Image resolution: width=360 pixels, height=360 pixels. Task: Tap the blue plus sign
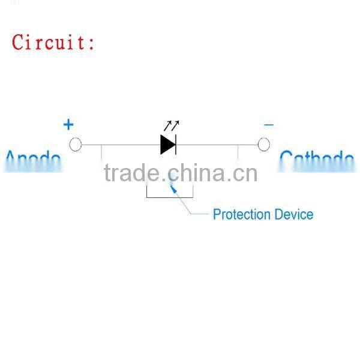(x=69, y=125)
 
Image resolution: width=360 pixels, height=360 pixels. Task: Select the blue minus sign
(x=268, y=125)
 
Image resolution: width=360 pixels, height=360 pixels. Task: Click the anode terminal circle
(x=76, y=145)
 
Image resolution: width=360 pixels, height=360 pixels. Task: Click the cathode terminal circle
(x=263, y=145)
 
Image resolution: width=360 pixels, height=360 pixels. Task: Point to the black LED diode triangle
(x=166, y=145)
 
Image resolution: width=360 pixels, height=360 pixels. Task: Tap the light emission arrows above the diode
(x=171, y=126)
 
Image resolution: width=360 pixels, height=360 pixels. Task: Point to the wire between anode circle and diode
(x=120, y=145)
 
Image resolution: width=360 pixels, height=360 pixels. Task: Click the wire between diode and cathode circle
(x=216, y=145)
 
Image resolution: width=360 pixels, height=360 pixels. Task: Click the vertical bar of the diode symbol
(x=175, y=145)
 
